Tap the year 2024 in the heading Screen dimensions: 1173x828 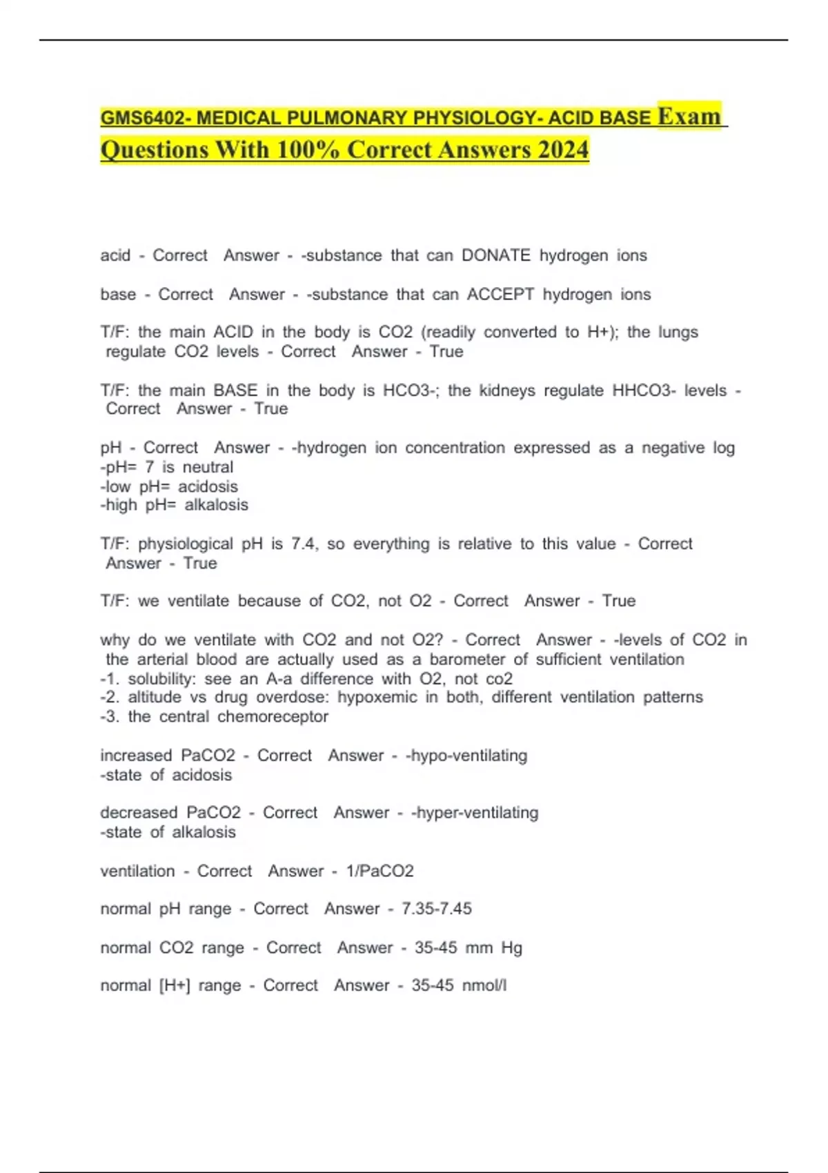coord(563,150)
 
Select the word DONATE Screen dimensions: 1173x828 coord(495,256)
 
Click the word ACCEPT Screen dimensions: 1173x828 coord(500,295)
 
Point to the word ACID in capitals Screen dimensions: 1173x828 coord(233,333)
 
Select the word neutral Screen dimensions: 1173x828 coord(208,467)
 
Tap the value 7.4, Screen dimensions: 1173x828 coord(304,544)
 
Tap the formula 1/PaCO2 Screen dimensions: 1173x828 coord(379,871)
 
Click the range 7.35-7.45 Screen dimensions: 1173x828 coord(437,909)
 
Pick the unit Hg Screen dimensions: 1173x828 coord(511,948)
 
